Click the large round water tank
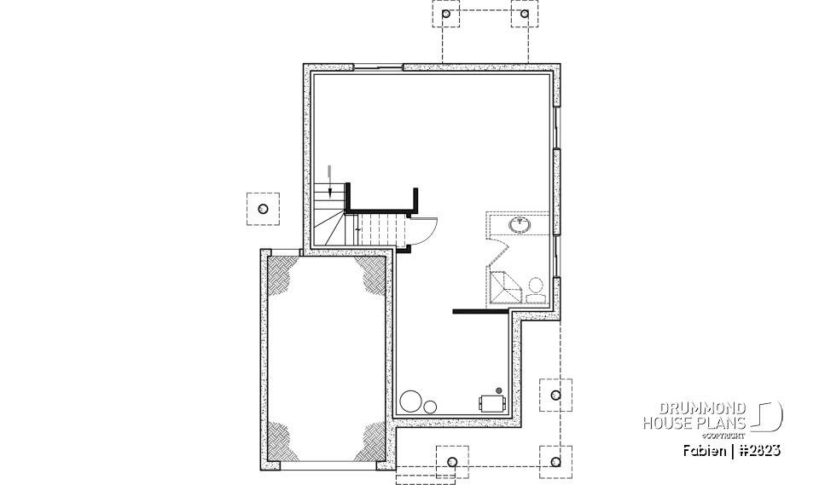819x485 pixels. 411,401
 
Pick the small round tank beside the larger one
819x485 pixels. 431,405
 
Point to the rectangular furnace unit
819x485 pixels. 491,401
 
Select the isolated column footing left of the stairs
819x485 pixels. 263,209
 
